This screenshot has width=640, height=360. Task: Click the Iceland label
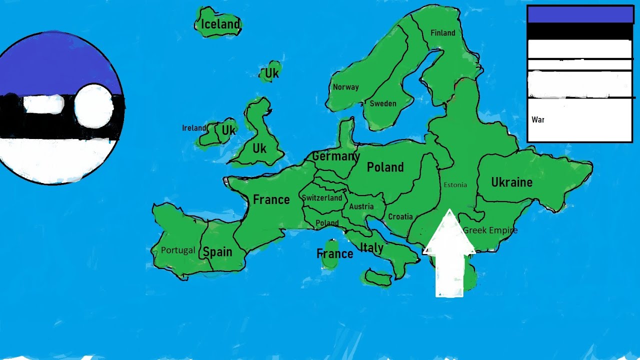point(220,24)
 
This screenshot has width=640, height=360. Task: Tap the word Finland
point(443,33)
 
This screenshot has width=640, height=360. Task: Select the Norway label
point(346,87)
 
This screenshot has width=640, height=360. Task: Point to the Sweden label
point(383,103)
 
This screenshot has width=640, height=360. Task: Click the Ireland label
point(194,128)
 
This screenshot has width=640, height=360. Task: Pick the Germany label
point(336,156)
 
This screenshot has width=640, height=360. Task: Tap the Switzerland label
point(322,198)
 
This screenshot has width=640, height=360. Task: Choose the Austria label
point(361,206)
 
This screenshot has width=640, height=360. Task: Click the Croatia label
point(400,216)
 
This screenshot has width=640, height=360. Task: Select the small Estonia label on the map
point(455,185)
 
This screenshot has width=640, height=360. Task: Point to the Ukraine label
point(511,182)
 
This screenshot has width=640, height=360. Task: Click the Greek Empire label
point(490,230)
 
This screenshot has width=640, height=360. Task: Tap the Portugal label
point(178,250)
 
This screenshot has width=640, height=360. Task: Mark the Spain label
point(217,251)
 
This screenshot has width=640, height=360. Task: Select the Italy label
point(372,247)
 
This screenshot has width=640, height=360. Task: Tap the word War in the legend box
point(538,120)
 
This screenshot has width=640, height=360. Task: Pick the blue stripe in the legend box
point(580,14)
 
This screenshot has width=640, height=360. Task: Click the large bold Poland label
point(385,167)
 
